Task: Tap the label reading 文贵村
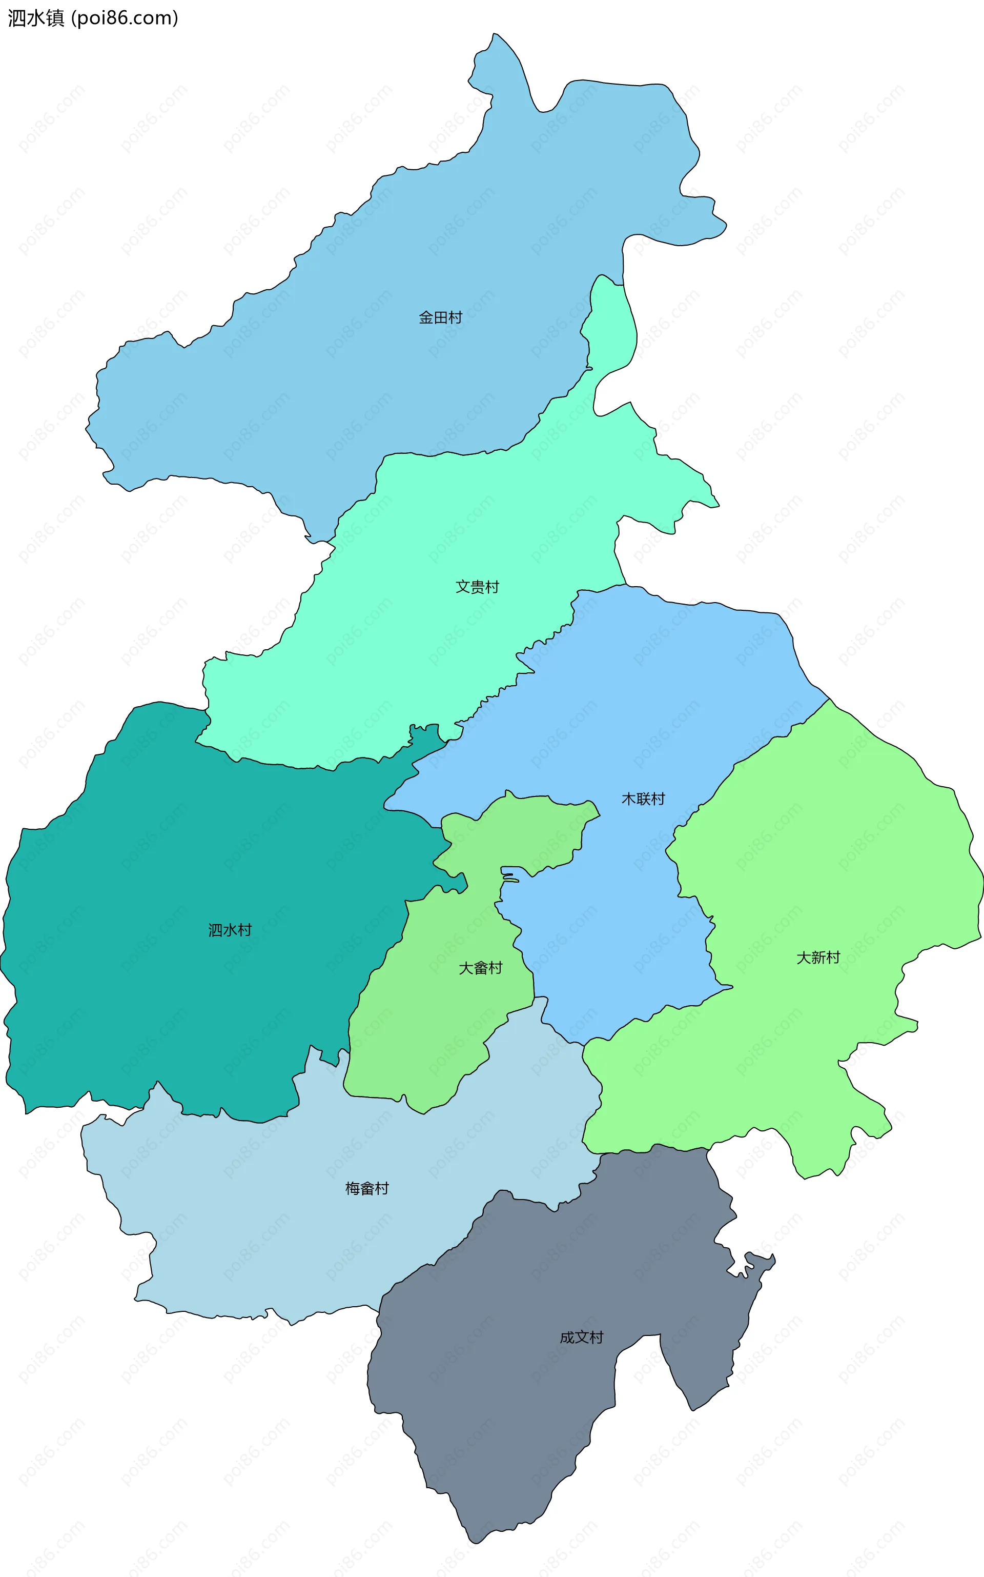[x=477, y=587]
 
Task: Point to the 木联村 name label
[x=643, y=799]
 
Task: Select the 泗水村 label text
[x=230, y=930]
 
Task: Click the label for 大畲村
[x=480, y=968]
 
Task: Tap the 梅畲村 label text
[x=367, y=1189]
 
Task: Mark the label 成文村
[x=581, y=1338]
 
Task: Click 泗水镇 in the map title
[x=36, y=18]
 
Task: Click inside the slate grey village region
[x=521, y=1400]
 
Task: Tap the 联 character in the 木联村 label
[x=643, y=799]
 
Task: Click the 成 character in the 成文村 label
[x=567, y=1338]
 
